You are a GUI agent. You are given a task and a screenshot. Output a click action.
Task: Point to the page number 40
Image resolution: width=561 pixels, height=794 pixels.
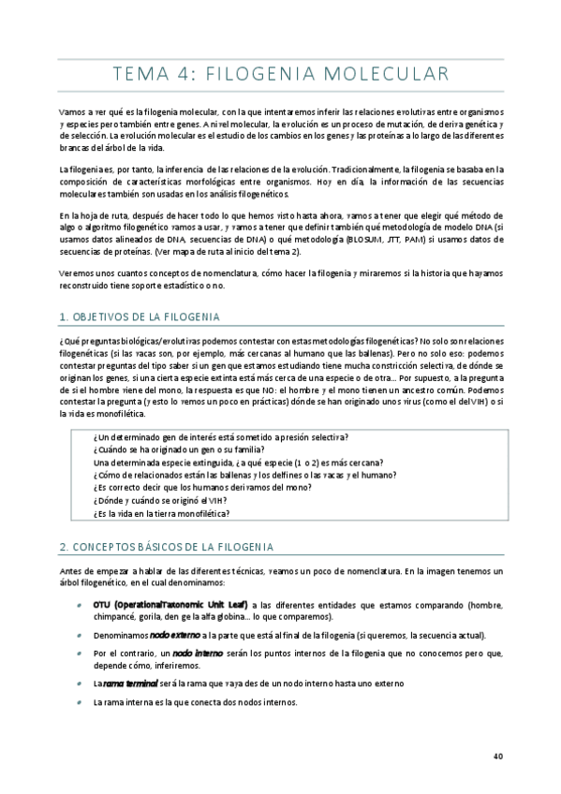[x=497, y=757]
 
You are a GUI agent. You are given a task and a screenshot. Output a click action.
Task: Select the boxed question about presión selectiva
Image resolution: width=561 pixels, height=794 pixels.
[x=221, y=437]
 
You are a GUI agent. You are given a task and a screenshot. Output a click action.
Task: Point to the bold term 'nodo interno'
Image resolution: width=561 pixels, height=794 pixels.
[x=197, y=652]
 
